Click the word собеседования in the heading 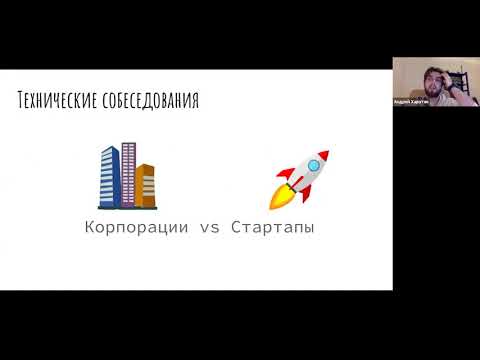(149, 101)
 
